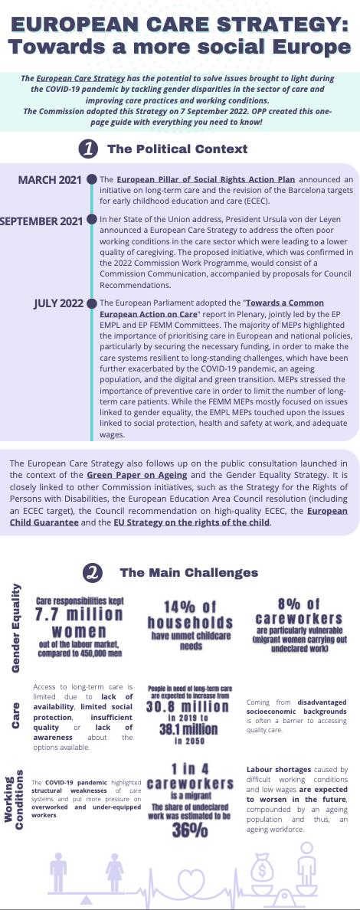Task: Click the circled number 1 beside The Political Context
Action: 88,149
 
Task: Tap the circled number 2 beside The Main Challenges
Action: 93,572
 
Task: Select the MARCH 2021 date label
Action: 50,180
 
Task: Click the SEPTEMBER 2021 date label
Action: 41,221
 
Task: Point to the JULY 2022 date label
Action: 58,303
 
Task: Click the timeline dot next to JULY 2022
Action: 92,303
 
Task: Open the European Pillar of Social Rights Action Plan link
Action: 205,180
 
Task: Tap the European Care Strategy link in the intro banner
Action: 73,79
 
